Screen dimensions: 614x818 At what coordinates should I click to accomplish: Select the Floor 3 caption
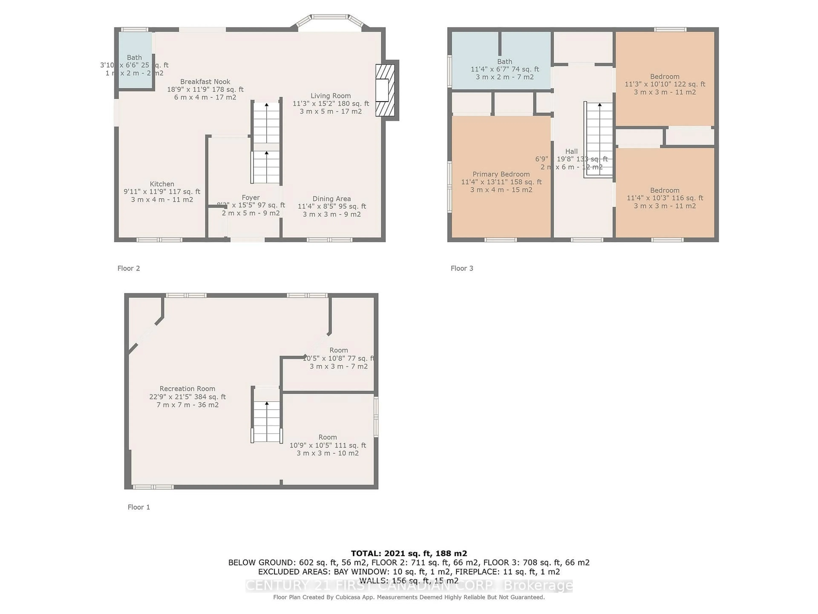tap(462, 268)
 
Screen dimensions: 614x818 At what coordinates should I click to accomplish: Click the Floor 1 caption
tap(139, 507)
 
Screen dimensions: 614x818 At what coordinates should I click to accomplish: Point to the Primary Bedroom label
tap(501, 174)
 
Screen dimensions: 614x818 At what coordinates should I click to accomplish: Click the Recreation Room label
tap(187, 389)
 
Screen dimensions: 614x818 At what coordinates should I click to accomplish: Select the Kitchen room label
tap(162, 184)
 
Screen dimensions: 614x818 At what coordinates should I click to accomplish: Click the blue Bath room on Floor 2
tap(135, 61)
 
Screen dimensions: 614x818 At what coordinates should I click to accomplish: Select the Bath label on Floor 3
tap(504, 61)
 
